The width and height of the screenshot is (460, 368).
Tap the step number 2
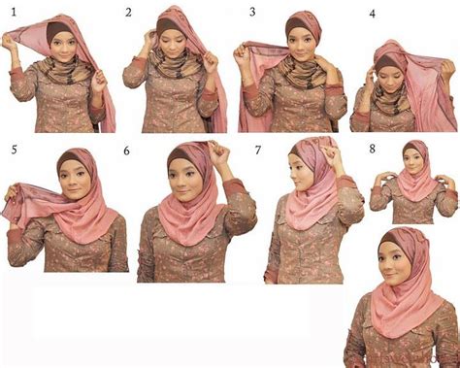tap(128, 13)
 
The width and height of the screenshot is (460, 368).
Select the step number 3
tap(251, 13)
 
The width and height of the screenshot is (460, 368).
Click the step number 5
tap(14, 149)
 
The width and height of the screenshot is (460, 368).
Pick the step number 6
tap(127, 151)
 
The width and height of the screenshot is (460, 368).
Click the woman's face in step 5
tap(67, 184)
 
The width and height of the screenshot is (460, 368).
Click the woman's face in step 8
tap(416, 158)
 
